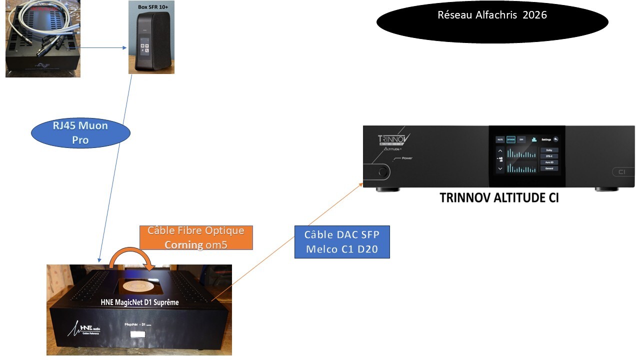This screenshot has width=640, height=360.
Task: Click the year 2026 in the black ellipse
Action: click(x=535, y=15)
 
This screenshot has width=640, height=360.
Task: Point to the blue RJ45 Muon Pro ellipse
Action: click(x=80, y=132)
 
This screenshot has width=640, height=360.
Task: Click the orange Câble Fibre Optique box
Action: click(x=196, y=237)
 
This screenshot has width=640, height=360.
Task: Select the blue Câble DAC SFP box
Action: click(x=342, y=242)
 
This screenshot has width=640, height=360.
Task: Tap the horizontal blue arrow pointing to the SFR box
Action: click(x=104, y=48)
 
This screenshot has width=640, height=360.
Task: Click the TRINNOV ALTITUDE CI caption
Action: click(x=499, y=198)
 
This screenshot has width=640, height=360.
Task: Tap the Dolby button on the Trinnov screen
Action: click(x=549, y=150)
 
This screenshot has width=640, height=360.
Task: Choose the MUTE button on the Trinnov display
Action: click(x=499, y=139)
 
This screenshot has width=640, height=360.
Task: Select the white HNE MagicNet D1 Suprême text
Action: click(x=137, y=302)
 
